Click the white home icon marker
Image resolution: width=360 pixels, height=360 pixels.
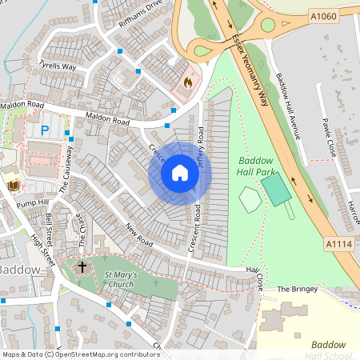click(180, 173)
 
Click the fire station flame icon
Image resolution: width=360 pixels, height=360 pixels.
click(188, 82)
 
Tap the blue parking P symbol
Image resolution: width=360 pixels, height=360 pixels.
click(45, 129)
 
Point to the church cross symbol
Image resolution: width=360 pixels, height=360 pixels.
click(82, 266)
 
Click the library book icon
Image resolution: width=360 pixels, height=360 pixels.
click(13, 186)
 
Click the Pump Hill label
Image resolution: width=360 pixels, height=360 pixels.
click(36, 203)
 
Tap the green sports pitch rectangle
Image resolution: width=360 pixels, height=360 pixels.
click(276, 190)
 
